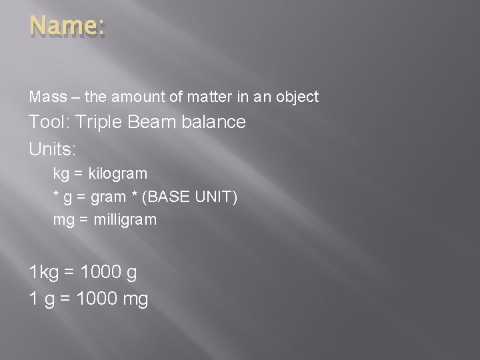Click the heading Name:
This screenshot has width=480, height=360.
coord(67,27)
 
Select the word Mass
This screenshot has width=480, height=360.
coord(47,97)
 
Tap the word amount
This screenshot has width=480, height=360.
coord(135,97)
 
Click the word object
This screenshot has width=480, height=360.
coord(298,97)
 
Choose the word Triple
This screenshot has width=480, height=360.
coord(99,123)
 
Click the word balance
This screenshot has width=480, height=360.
coord(215,122)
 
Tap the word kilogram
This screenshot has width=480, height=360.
coord(118,174)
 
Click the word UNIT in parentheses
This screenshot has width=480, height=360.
coord(214,197)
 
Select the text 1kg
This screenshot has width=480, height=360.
coord(44,273)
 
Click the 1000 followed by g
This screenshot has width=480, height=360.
coord(100,272)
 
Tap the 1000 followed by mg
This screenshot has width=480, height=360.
coord(97,299)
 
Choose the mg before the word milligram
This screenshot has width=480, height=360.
coord(64,220)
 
